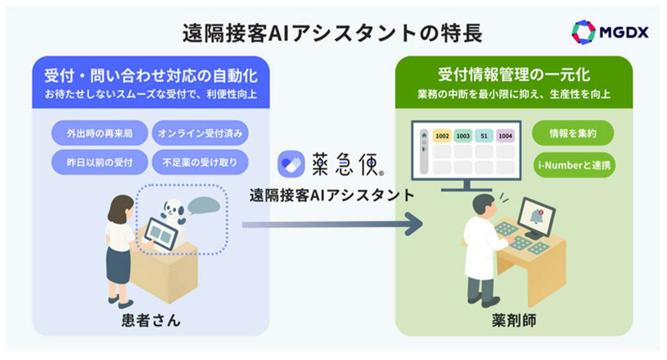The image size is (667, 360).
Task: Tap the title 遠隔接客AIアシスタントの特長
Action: (332, 33)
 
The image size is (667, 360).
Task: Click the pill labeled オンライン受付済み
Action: (201, 133)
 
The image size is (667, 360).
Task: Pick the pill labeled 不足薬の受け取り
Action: (201, 159)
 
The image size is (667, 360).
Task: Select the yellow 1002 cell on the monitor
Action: (442, 137)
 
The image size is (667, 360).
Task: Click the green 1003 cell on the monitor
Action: (464, 137)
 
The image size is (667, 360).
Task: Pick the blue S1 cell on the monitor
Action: (485, 137)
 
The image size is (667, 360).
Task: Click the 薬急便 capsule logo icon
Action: (291, 164)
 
